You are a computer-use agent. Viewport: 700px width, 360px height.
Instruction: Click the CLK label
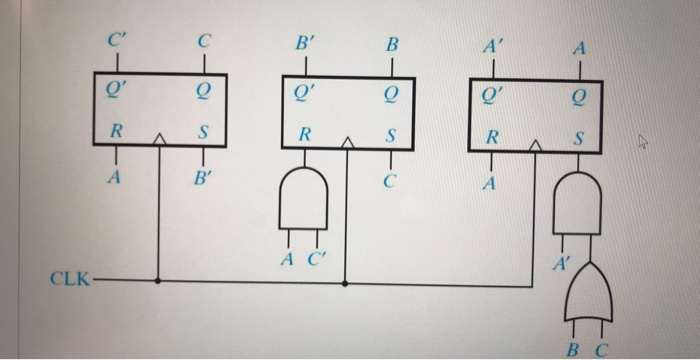[x=67, y=275]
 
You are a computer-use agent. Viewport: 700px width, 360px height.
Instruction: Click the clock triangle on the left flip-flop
[x=158, y=141]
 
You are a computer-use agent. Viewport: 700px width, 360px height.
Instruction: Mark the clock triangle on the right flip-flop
[x=536, y=147]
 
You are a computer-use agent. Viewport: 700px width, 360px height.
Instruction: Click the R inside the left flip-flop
[x=116, y=130]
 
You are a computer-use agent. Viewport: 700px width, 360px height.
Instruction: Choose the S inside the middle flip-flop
[x=392, y=133]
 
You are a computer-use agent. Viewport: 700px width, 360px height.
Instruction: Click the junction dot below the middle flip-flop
[x=346, y=283]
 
